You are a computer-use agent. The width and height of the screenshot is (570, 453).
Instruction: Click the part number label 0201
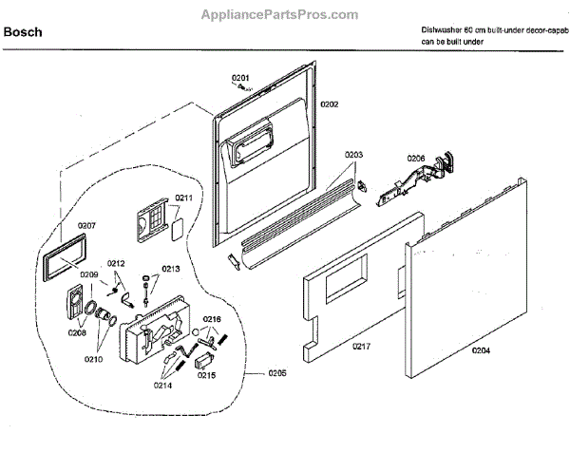240,77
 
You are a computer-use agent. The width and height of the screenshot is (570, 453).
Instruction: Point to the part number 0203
353,155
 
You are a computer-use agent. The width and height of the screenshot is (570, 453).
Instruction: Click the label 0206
416,158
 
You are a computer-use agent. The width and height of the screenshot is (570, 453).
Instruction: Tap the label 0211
183,198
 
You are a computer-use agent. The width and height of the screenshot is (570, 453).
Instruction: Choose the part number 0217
360,346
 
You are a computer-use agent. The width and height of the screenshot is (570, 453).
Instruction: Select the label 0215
208,375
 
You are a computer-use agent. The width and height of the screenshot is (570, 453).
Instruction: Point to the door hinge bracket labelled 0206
418,180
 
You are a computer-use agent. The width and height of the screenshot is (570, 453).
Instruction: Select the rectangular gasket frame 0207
62,257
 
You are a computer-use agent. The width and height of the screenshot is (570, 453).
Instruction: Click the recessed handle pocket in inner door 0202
252,146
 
